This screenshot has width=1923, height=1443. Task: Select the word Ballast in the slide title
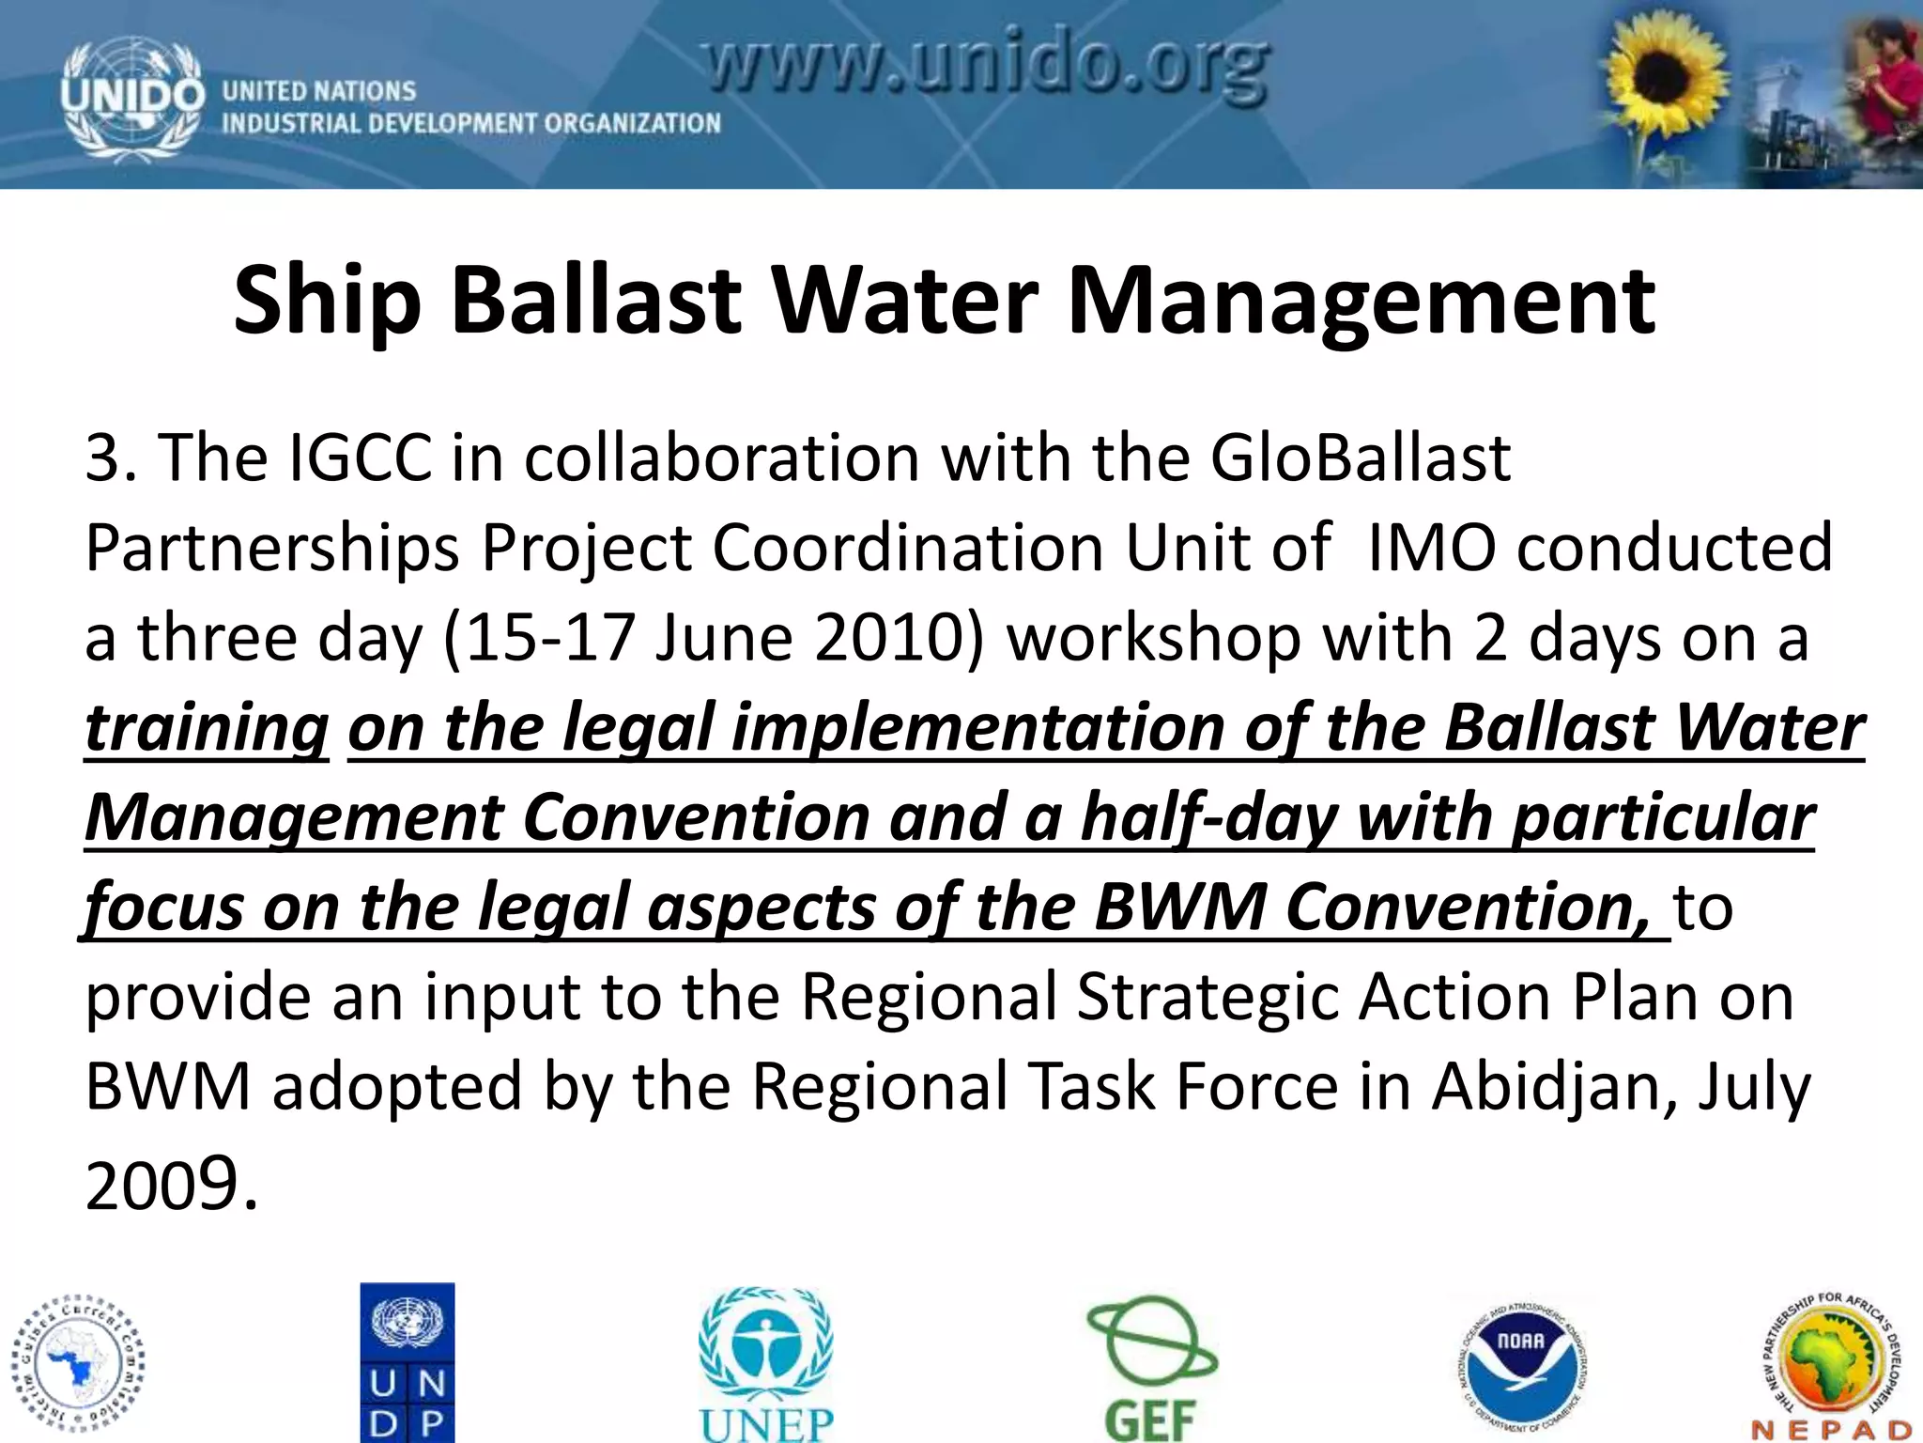point(597,301)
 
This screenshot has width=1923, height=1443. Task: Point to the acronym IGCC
point(361,458)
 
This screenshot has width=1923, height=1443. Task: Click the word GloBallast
point(1360,458)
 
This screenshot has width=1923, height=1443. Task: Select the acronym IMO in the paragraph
point(1431,548)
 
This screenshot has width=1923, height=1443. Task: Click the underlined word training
point(207,729)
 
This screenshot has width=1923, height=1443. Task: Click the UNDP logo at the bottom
point(408,1361)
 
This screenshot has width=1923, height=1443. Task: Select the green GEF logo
point(1151,1368)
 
